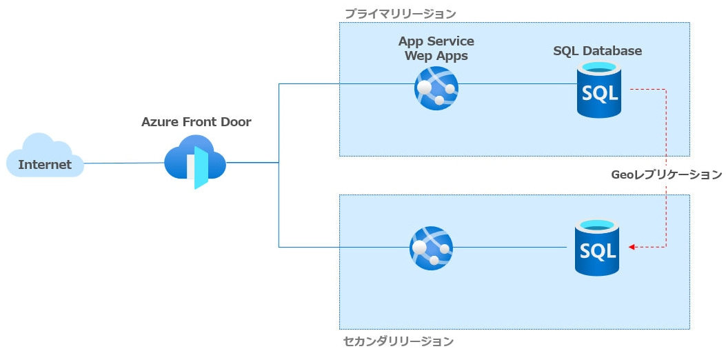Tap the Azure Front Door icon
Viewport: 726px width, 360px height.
(196, 163)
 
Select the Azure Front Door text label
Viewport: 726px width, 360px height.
(196, 122)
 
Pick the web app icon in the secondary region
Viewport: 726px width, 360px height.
(432, 247)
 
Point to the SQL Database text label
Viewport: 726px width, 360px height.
(597, 51)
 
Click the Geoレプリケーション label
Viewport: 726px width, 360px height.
(666, 174)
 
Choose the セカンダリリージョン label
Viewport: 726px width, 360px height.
(399, 341)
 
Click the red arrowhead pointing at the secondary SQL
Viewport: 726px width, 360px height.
(631, 247)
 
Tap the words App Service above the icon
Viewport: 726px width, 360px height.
(436, 41)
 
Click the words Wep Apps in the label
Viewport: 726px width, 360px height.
(436, 56)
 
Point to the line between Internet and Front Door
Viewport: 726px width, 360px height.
(124, 163)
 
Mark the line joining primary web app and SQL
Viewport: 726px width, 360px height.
(517, 84)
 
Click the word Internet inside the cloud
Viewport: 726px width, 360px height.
(45, 165)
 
